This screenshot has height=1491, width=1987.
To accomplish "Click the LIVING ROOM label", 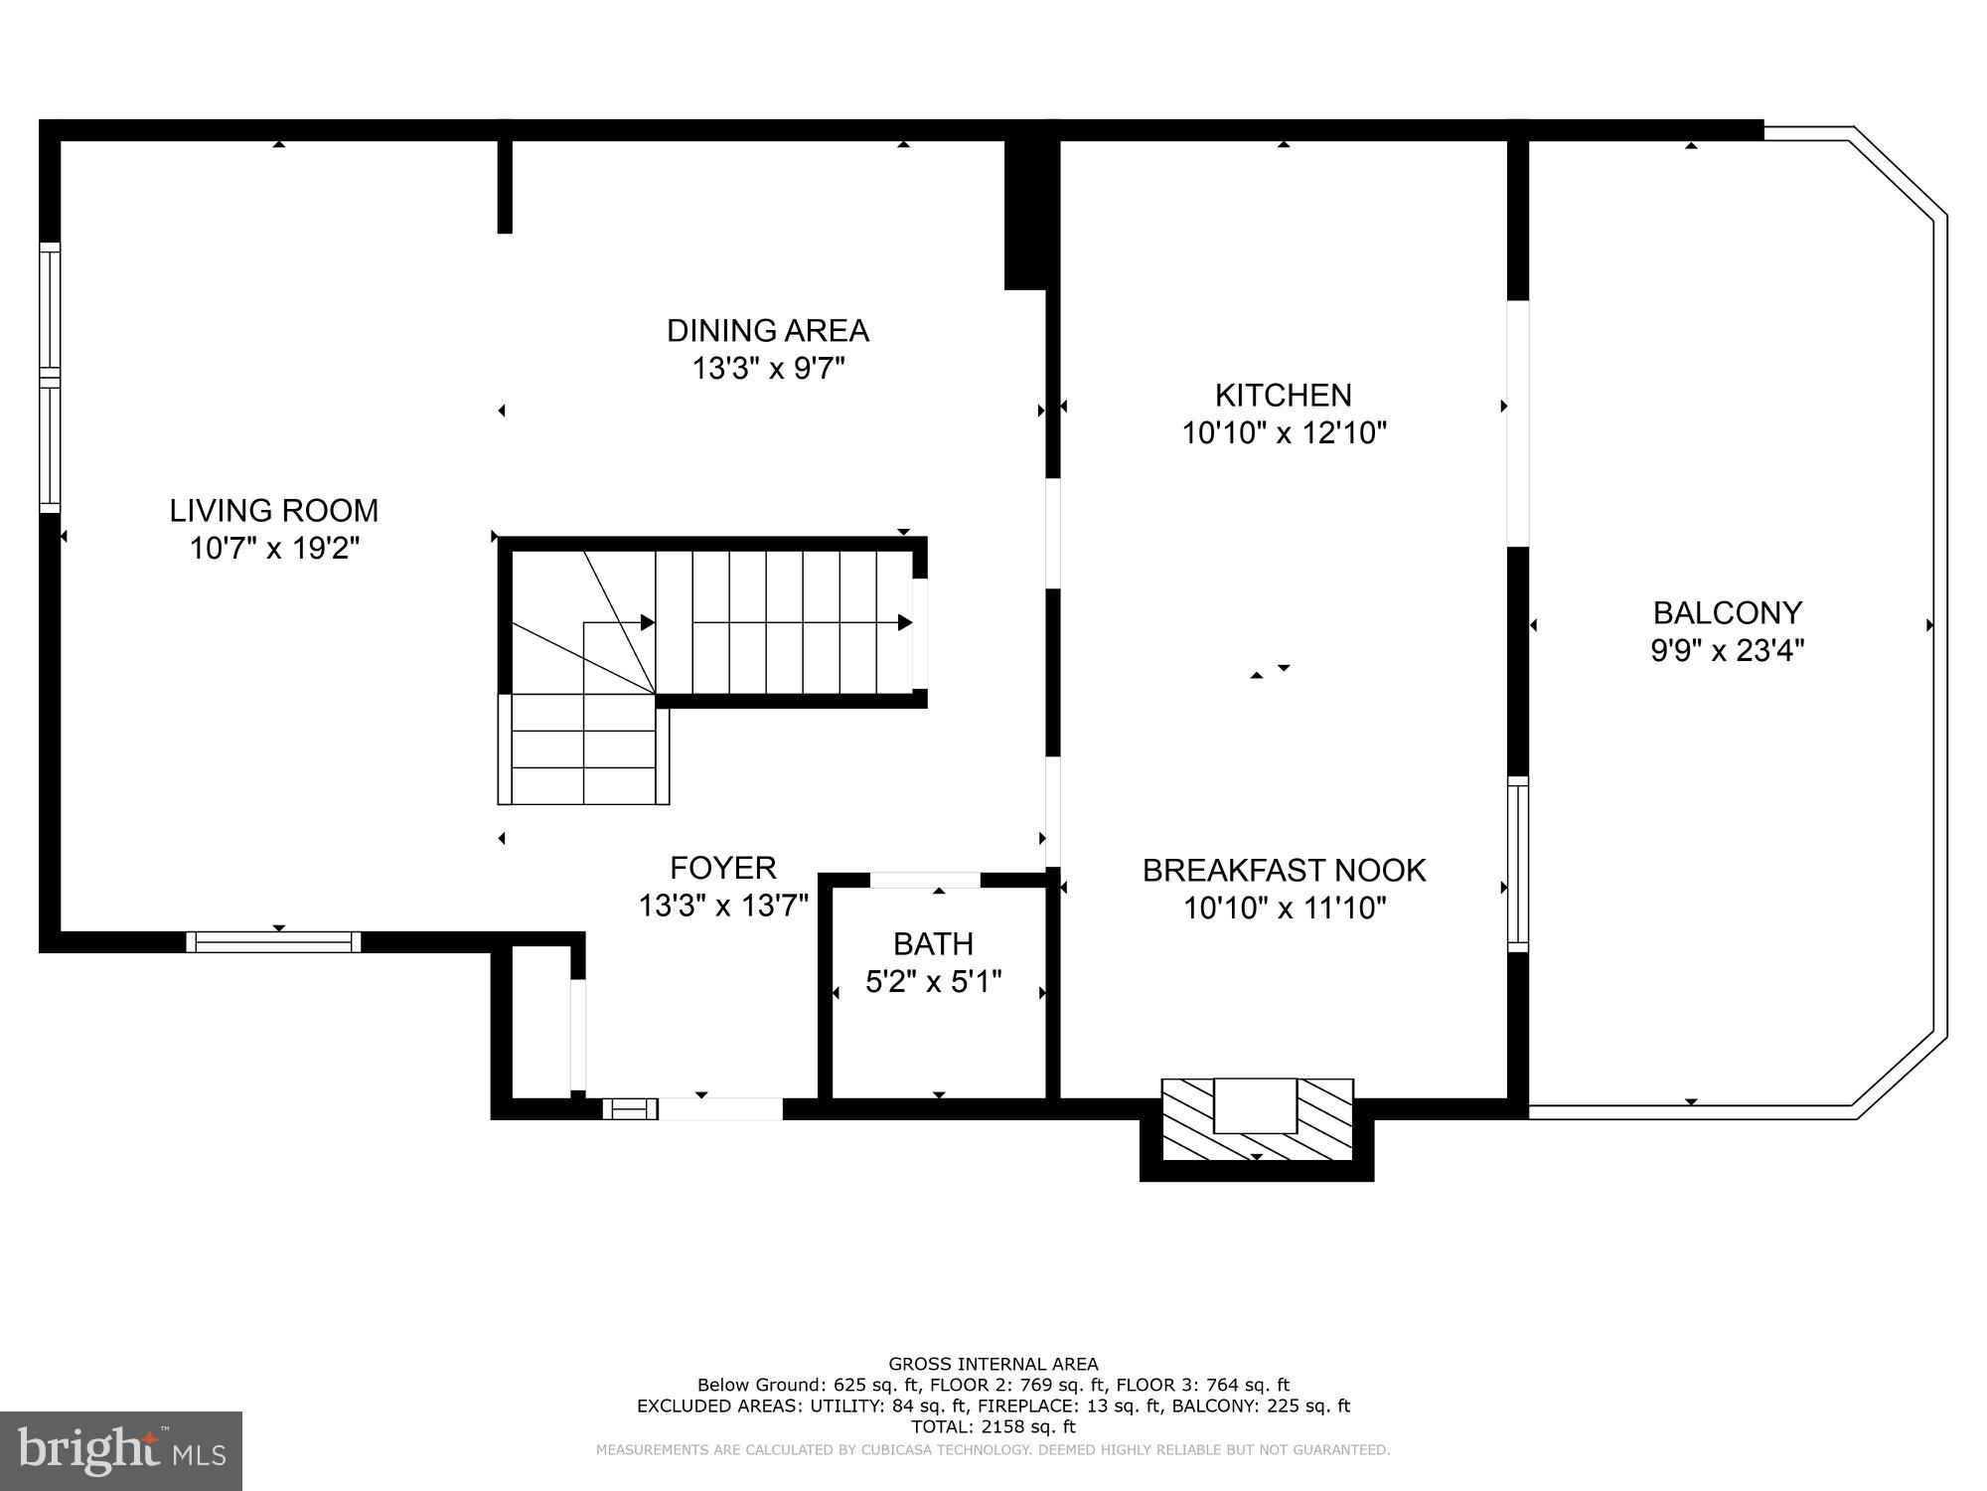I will [x=274, y=511].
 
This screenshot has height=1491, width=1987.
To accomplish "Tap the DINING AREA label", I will [x=767, y=330].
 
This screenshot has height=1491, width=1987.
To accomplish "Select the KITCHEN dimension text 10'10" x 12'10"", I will [x=1284, y=433].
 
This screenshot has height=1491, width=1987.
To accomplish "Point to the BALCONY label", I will [x=1727, y=612].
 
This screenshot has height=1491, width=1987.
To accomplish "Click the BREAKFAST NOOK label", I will [x=1284, y=871].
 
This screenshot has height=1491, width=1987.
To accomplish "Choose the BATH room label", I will [x=933, y=943].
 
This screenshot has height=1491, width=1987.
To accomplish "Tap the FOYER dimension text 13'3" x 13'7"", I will [x=723, y=906].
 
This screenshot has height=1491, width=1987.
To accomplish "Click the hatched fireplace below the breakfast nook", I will [x=1257, y=1119].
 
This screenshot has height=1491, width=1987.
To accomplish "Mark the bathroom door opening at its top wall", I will [x=925, y=880].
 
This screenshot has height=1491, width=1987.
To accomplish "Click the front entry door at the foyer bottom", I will [x=721, y=1108].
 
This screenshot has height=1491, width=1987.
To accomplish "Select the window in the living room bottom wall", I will [x=273, y=941].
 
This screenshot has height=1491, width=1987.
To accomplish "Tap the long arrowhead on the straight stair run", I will [x=904, y=623].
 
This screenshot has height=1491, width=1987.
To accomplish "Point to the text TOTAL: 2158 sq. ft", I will [x=993, y=1427].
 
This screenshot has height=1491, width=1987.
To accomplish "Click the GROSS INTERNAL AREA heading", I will [x=993, y=1365].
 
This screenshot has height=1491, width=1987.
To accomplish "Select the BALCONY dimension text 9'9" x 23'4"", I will [x=1727, y=651].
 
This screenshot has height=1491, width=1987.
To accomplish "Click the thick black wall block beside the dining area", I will [x=1025, y=214].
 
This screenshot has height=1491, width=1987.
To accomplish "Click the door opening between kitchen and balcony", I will [x=1517, y=423].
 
